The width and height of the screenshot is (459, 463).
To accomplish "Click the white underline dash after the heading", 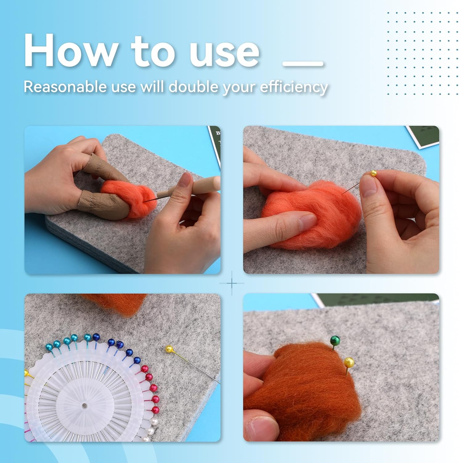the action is tap(303, 64).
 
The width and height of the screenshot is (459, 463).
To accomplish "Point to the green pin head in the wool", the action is tap(334, 340).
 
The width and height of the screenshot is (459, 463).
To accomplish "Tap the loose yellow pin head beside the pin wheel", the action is tap(169, 349).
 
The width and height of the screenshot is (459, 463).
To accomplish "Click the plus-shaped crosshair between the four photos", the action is tap(232, 283).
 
